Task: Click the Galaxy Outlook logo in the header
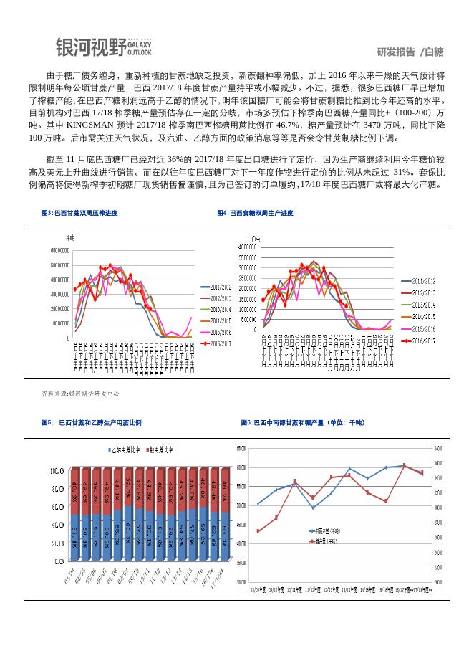[104, 47]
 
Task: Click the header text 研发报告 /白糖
[410, 52]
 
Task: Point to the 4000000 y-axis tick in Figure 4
[244, 247]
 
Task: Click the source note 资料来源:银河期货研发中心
[81, 394]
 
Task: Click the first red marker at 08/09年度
[258, 531]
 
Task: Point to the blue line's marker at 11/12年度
[313, 508]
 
